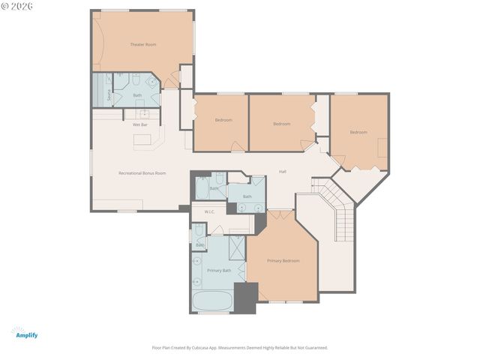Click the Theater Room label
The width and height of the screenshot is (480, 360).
[143, 45]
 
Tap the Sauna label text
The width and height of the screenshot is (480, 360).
[109, 95]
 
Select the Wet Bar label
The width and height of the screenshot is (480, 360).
[140, 124]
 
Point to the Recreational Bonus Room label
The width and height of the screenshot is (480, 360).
[142, 173]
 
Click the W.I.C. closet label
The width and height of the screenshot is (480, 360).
[209, 212]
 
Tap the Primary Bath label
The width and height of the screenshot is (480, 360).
[219, 270]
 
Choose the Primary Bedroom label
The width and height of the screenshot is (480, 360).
[283, 261]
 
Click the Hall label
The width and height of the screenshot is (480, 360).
[283, 172]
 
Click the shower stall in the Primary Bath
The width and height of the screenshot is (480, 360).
[235, 247]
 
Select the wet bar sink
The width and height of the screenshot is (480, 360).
[146, 114]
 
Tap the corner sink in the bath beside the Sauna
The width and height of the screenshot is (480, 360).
[152, 82]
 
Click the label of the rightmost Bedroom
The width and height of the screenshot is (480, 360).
[358, 133]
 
